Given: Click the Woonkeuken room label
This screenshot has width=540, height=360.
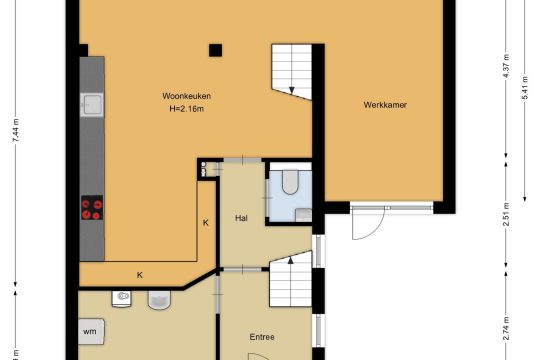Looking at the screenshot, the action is pos(186,96).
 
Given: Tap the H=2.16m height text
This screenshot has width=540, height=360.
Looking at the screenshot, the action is pos(186,109).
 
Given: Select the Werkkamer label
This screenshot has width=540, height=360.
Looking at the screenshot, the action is pos(385,105).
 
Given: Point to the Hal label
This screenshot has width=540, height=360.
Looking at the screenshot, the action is pos(241,218).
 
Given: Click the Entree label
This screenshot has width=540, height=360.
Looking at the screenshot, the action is pos(262,337).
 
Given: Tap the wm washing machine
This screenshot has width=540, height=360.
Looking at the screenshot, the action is pos(91,331).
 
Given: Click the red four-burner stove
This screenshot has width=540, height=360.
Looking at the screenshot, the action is pos(92,208).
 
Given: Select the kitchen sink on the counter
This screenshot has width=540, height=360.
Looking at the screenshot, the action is pos(92,104).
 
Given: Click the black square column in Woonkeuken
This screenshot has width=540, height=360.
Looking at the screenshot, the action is pos(215,51).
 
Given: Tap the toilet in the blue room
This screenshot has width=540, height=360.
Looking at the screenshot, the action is pos(290,182).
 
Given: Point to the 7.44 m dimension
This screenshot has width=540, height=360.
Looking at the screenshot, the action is pos(15,130).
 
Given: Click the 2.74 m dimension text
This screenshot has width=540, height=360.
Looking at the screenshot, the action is pos(506,328).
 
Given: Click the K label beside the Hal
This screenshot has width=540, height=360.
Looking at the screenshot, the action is pos(206,223).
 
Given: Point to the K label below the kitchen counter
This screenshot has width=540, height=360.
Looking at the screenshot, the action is pos(139,275).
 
